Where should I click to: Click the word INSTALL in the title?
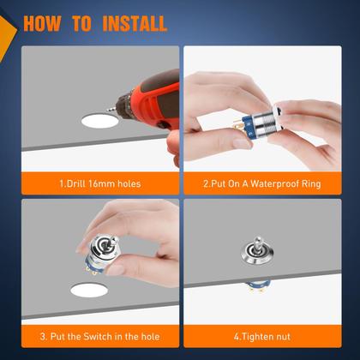tap(135, 21)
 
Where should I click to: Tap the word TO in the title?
tap(86, 21)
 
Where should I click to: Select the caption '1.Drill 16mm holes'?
tap(99, 183)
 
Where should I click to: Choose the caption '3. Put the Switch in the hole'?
tap(99, 335)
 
